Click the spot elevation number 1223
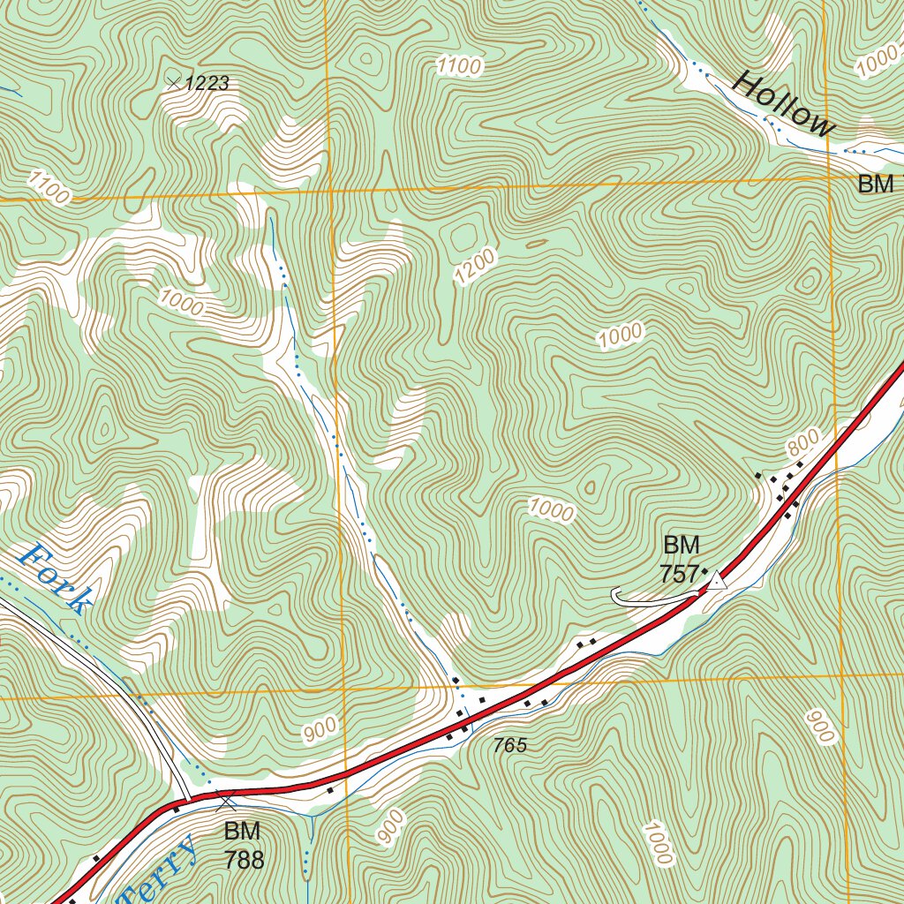pyautogui.click(x=208, y=84)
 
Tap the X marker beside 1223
pyautogui.click(x=174, y=83)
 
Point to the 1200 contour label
pyautogui.click(x=475, y=267)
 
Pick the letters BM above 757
pyautogui.click(x=681, y=544)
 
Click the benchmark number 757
pyautogui.click(x=679, y=574)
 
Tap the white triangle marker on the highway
pyautogui.click(x=718, y=580)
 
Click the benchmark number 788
pyautogui.click(x=244, y=860)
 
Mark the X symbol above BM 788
pyautogui.click(x=227, y=802)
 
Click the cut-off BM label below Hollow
pyautogui.click(x=879, y=185)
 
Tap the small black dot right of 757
pyautogui.click(x=704, y=572)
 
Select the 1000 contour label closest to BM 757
pyautogui.click(x=552, y=509)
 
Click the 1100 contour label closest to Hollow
pyautogui.click(x=459, y=65)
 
